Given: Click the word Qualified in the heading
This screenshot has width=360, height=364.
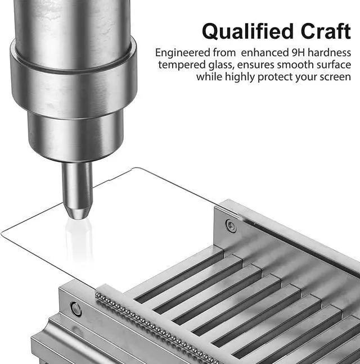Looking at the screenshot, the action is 247,31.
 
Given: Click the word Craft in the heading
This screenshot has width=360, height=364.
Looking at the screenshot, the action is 326,31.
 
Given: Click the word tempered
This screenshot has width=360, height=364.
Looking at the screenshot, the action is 182,65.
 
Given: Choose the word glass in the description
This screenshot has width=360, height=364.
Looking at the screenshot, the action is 221,65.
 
